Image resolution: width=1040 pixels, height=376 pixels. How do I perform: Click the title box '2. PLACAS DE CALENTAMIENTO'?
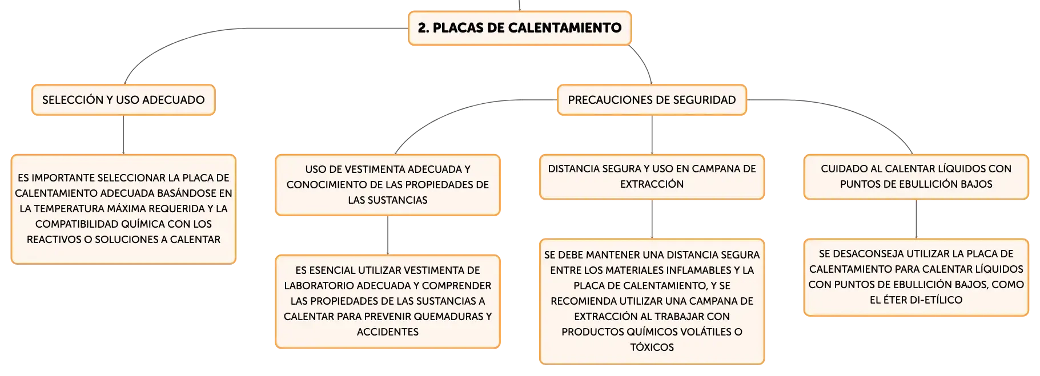(x=520, y=28)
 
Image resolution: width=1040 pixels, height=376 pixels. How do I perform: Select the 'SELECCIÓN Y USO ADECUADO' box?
(x=123, y=100)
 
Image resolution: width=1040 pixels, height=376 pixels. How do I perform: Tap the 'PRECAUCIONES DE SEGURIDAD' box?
(x=652, y=100)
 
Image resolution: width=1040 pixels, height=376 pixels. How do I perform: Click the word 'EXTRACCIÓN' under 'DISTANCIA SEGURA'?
(x=652, y=184)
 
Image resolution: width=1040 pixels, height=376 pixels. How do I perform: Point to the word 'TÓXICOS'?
(x=652, y=347)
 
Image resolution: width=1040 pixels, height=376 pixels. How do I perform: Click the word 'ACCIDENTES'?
(x=388, y=332)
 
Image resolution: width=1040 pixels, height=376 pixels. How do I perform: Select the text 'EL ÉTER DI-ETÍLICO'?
(x=916, y=300)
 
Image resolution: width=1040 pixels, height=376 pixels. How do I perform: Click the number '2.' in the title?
(x=423, y=28)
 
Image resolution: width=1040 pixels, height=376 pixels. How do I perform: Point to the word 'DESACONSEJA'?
(x=869, y=254)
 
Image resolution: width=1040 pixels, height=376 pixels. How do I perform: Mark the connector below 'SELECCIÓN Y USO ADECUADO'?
(x=123, y=135)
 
